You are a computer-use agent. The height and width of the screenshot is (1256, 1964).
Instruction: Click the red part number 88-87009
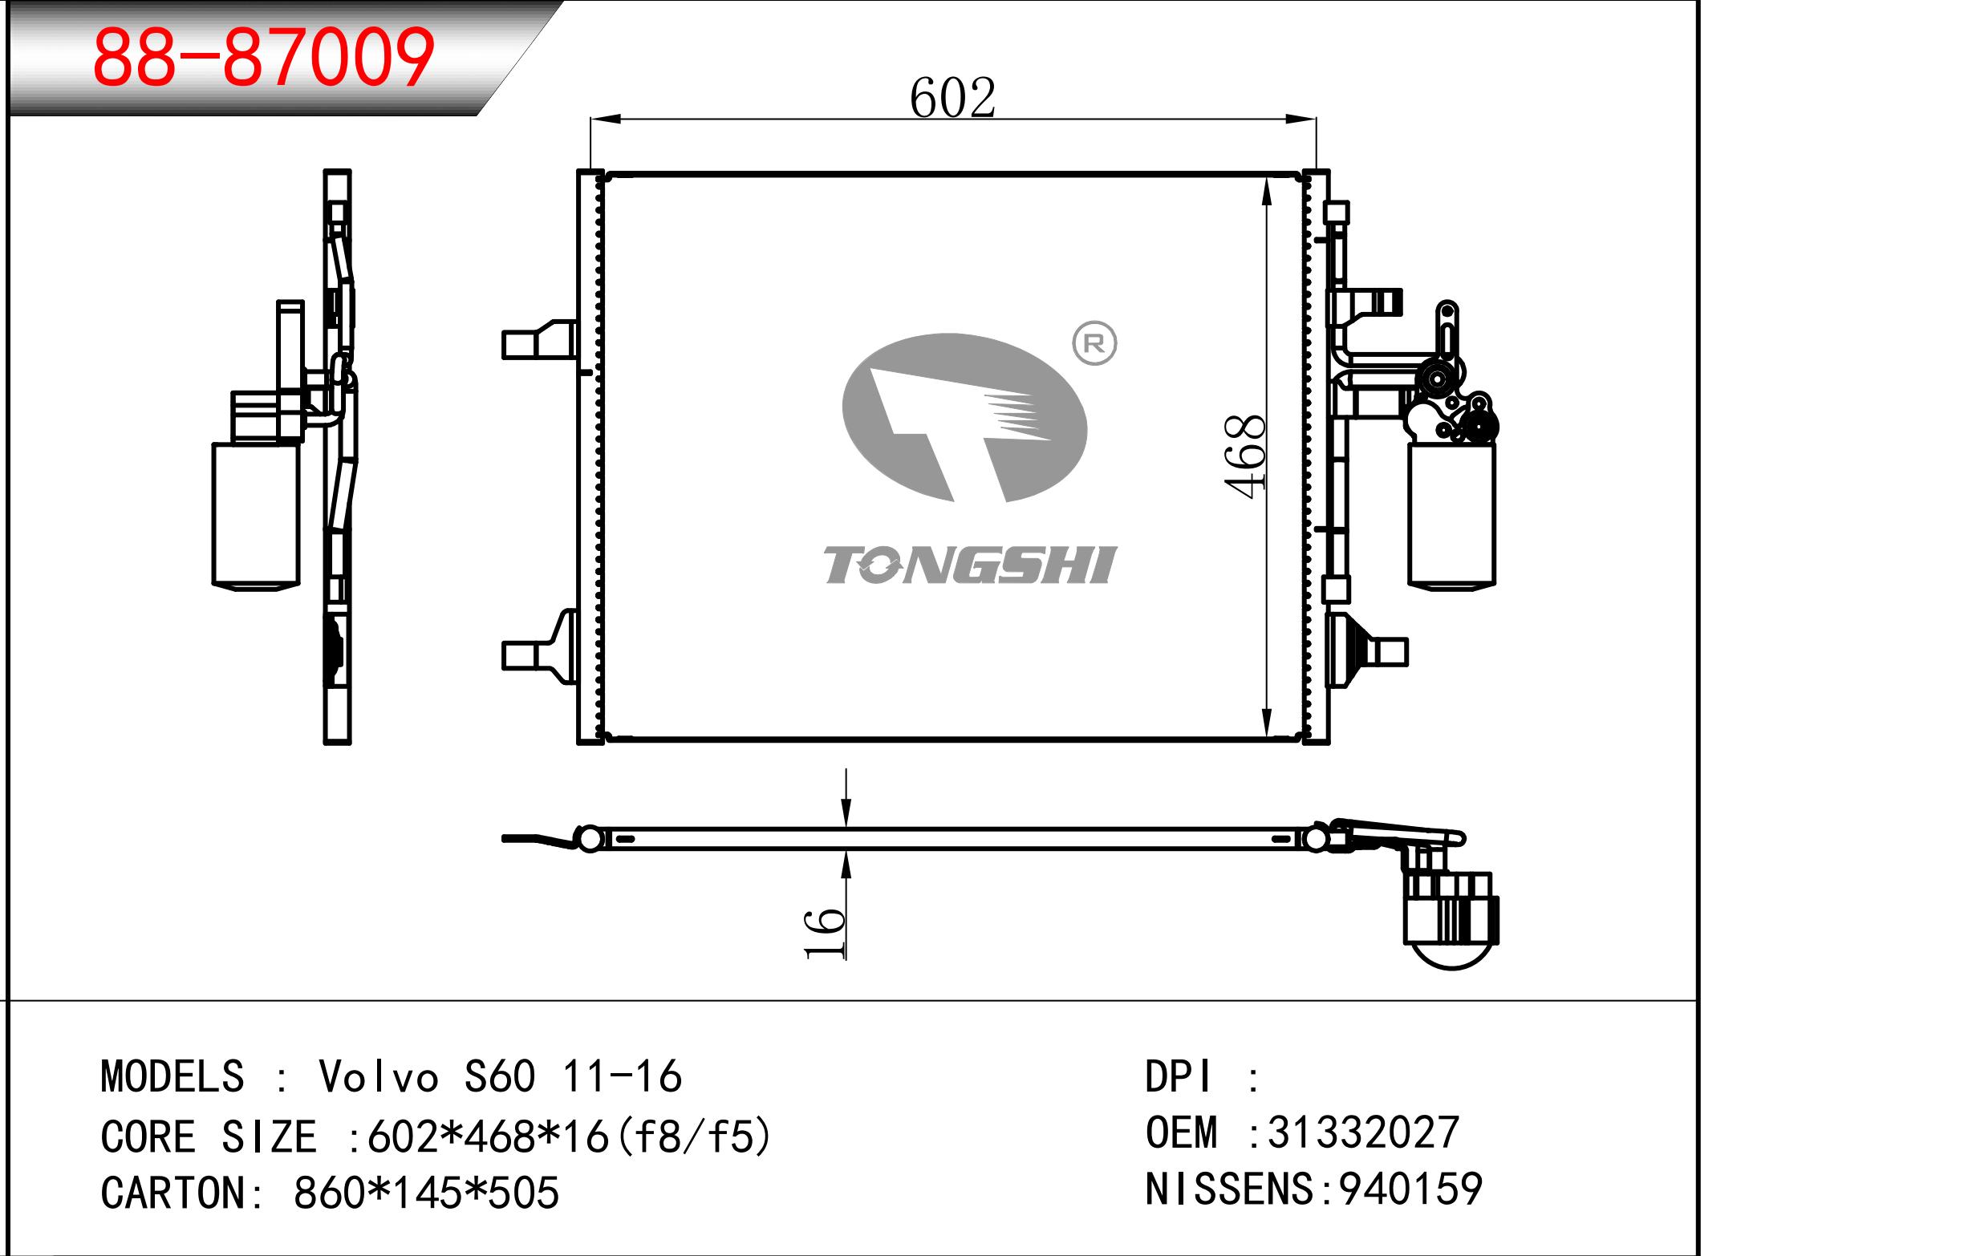263,57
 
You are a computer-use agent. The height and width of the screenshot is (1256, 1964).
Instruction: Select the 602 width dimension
952,98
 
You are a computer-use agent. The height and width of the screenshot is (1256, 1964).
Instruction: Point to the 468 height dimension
1244,456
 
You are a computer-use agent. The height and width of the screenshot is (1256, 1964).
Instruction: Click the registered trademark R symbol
1094,343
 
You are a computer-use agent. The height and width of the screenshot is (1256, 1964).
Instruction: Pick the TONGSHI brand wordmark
969,565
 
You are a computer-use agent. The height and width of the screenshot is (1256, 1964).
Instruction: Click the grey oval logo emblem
965,418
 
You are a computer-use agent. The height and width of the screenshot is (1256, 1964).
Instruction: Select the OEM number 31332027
1363,1132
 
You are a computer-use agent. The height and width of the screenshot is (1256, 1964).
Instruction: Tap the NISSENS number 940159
1410,1189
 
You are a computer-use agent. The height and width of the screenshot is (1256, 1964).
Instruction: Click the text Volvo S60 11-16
500,1076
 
